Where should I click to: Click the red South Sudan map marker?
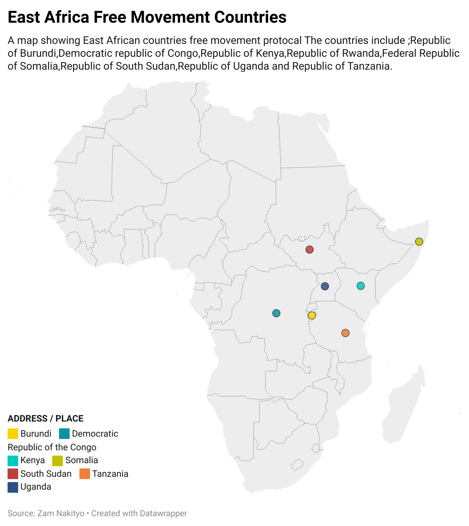pos(309,249)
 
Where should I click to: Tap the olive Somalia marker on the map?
pos(419,241)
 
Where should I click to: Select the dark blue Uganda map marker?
pos(325,286)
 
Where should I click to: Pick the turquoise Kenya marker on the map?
pos(360,286)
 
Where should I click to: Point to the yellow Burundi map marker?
pos(312,315)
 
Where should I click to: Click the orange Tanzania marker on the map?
pos(345,333)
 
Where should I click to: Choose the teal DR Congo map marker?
pos(276,313)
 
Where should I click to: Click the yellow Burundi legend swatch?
pos(13,434)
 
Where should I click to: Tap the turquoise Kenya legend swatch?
pos(13,461)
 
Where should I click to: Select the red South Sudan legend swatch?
pos(13,474)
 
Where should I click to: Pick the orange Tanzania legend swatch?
pos(85,474)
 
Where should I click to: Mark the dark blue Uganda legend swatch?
pos(13,487)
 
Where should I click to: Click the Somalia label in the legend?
pos(82,461)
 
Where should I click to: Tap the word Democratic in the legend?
pos(95,434)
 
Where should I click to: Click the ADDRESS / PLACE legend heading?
pos(45,419)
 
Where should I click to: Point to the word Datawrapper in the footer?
pos(163,514)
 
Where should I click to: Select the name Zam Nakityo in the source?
pos(61,514)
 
